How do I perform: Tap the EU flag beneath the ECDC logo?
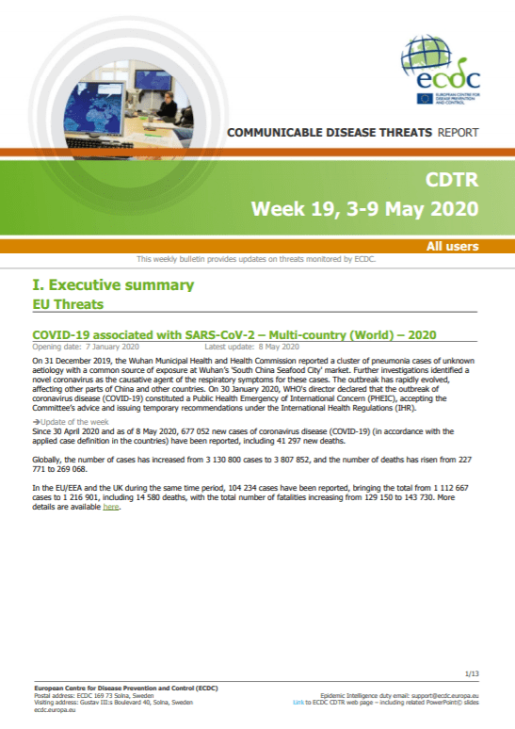[425, 99]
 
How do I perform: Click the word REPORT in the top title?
[458, 133]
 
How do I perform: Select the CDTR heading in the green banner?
[452, 180]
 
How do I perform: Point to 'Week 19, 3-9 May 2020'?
[365, 209]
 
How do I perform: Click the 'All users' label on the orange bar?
[452, 246]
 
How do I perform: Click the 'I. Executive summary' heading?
[113, 284]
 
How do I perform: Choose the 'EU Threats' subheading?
[68, 304]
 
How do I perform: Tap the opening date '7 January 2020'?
[112, 347]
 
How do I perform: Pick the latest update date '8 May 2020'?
[279, 347]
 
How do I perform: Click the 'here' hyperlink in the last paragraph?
[110, 507]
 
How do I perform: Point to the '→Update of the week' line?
[71, 422]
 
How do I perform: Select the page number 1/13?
[472, 673]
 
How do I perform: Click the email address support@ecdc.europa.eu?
[444, 696]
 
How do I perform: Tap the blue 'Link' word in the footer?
[298, 703]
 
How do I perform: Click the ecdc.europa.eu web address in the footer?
[55, 710]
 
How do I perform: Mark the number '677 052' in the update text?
[195, 431]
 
